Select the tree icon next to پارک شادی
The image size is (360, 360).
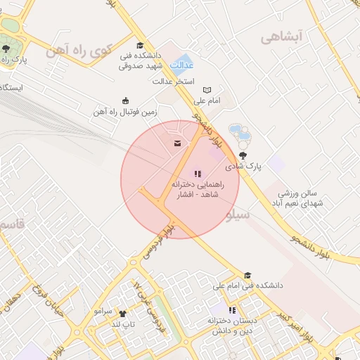tap(243, 156)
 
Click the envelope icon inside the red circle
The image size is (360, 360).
tap(176, 143)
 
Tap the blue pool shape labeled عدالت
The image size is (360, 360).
tap(184, 64)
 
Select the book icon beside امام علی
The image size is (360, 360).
tap(206, 90)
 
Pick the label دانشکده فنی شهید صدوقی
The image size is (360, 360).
tap(139, 60)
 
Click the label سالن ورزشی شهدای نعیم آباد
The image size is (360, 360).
tap(299, 198)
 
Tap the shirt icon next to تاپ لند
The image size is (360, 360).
tap(122, 313)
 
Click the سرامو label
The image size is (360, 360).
tap(103, 311)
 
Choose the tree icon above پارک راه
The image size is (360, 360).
tap(6, 49)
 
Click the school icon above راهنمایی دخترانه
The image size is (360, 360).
tap(197, 173)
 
